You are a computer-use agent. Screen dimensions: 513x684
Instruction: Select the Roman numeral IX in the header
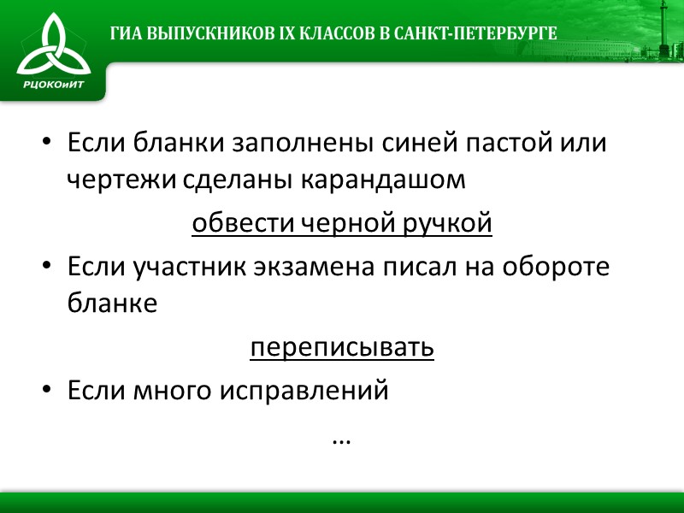point(277,34)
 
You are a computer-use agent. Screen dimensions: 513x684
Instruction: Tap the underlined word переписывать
point(342,349)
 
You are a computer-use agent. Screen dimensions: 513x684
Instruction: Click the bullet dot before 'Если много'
point(49,391)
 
